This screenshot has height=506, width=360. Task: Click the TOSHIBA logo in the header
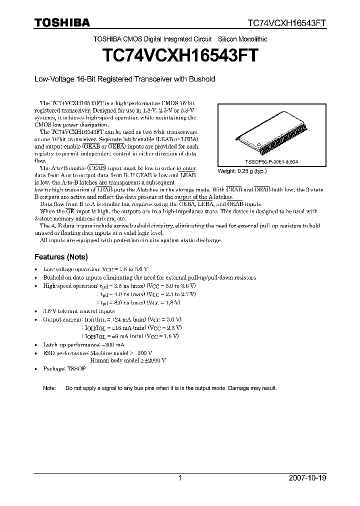coord(62,22)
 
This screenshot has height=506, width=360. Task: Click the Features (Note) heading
coord(61,257)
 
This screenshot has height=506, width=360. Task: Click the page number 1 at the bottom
coord(180,477)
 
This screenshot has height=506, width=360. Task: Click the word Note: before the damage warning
coord(49,388)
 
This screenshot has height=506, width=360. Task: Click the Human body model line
coord(128,360)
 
